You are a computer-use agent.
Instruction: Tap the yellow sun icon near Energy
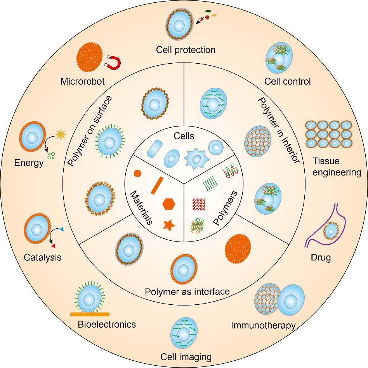(61, 135)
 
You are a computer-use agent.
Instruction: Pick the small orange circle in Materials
(137, 174)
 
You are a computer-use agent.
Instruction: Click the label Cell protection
(186, 50)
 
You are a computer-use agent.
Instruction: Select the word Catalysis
(43, 257)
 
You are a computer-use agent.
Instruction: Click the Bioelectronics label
(106, 324)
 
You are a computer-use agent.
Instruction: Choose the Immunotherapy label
(263, 325)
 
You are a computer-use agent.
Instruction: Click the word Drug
(321, 257)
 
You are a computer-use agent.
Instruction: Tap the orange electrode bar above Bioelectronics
(90, 314)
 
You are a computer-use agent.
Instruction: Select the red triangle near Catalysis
(54, 245)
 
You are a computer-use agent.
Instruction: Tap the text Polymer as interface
(187, 291)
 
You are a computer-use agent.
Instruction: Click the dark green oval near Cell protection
(208, 11)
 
